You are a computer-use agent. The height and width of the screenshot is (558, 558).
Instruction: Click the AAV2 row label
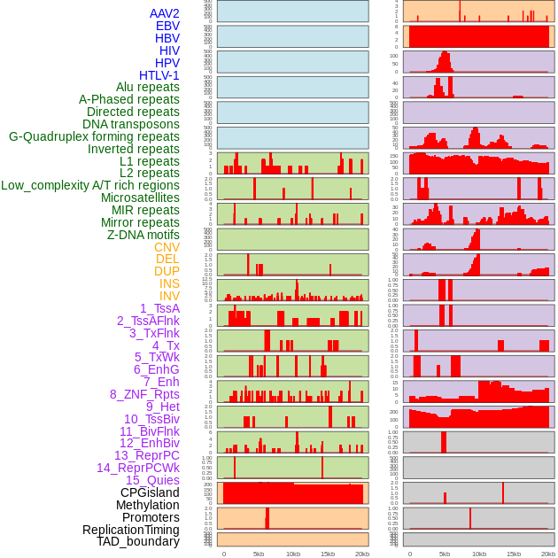[164, 13]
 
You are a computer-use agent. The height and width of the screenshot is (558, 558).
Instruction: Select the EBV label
[167, 26]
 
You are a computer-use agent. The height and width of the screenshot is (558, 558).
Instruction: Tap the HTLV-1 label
[159, 75]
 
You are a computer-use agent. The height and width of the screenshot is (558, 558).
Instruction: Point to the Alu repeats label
[148, 87]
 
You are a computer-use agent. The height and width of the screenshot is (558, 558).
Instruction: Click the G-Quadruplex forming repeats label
[94, 136]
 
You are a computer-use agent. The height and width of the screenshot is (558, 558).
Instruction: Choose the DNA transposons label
[131, 124]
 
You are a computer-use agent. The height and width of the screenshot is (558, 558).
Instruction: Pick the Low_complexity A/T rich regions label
[90, 185]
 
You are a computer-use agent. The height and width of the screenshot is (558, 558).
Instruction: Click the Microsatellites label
[140, 198]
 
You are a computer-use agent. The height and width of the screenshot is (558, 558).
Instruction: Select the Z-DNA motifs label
[143, 235]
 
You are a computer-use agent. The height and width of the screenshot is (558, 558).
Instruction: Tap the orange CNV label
[167, 247]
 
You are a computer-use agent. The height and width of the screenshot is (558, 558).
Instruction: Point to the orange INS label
[169, 283]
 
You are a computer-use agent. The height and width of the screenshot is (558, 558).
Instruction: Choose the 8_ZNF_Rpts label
[144, 394]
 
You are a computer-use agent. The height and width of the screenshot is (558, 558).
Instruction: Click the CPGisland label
[150, 492]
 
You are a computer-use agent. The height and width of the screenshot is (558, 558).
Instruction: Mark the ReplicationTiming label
[131, 530]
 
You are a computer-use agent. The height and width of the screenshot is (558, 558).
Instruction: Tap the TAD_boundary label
[138, 541]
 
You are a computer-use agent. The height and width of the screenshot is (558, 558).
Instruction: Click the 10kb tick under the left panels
[293, 554]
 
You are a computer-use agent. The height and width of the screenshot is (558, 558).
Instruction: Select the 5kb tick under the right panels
[445, 554]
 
